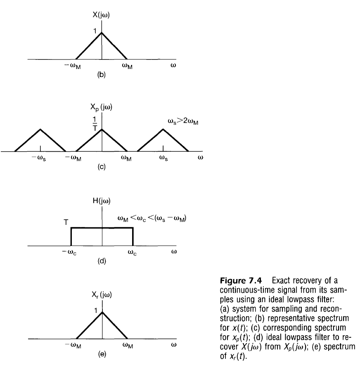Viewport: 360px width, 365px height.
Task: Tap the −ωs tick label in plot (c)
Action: point(40,159)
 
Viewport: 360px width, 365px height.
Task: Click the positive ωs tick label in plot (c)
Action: point(163,159)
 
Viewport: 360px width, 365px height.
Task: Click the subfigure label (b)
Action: point(102,75)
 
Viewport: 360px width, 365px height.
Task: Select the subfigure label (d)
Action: point(102,261)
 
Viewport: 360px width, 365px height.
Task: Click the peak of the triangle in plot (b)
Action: point(102,33)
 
